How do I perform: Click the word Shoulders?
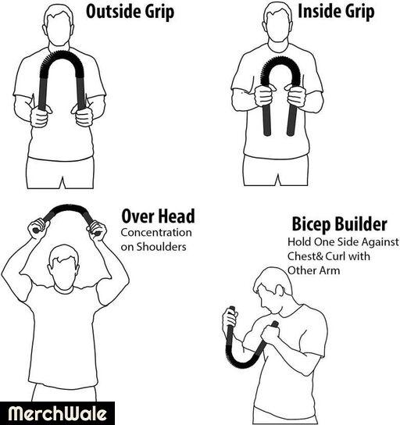161,247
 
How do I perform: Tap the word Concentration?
156,233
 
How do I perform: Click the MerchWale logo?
57,413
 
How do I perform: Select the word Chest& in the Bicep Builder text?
305,256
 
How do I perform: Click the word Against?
381,242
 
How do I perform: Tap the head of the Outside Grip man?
59,25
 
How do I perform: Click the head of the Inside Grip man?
278,22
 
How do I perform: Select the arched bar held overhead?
66,209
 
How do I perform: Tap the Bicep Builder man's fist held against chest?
270,334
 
